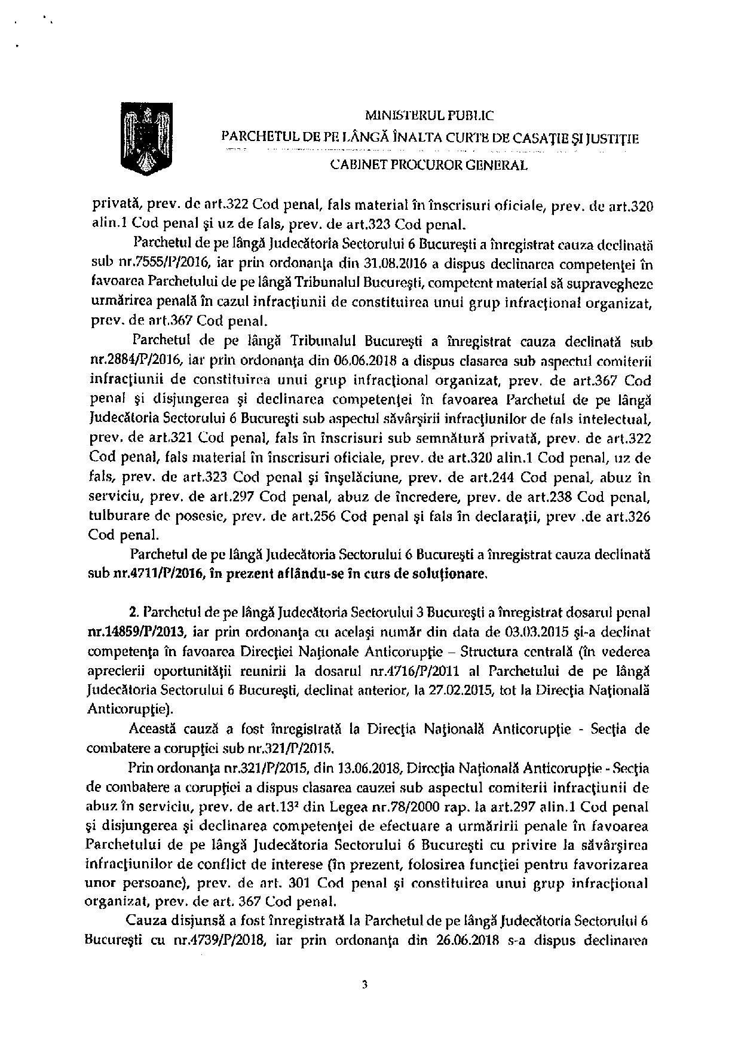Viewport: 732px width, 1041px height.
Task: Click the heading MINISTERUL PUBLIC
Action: [429, 116]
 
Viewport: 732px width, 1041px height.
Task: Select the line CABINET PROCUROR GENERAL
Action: [429, 166]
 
